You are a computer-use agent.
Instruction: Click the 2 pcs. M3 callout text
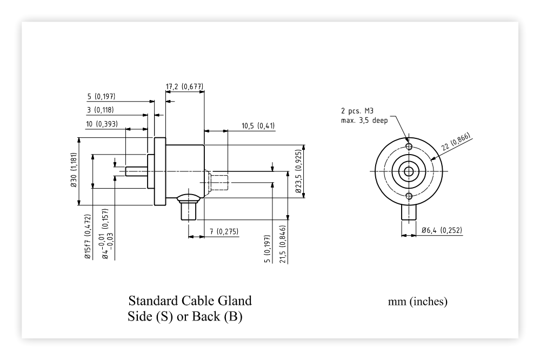point(357,111)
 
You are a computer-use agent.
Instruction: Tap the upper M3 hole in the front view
point(409,146)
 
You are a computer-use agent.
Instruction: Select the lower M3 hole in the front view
point(409,196)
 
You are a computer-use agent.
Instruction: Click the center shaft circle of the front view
point(409,171)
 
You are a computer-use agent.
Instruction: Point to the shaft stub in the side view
point(136,171)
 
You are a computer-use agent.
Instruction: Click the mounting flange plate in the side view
point(160,171)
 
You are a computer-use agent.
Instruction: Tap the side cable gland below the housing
point(189,208)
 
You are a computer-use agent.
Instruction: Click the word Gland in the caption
point(235,301)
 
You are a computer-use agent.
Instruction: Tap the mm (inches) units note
point(417,302)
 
